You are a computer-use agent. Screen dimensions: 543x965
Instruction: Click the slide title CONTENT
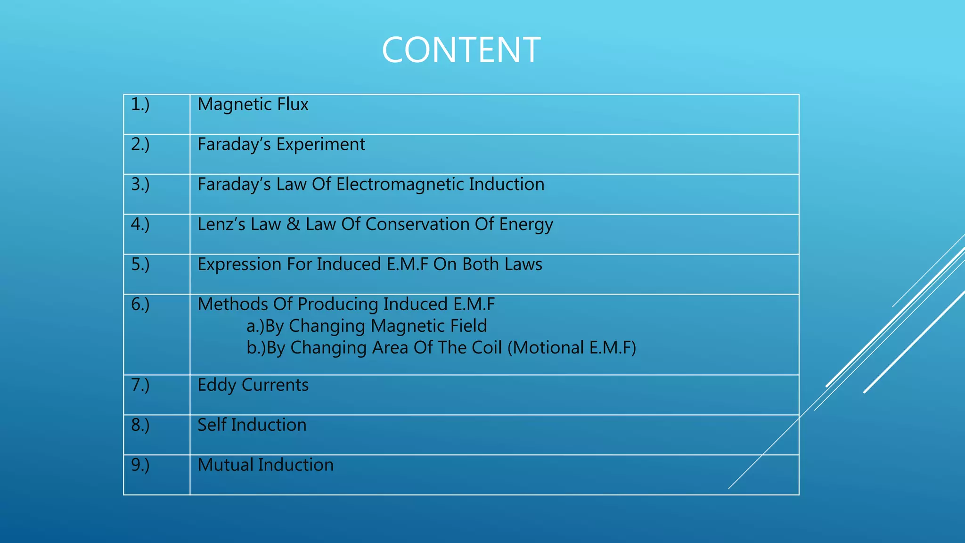coord(461,50)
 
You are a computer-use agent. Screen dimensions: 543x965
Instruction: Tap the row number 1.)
coord(140,104)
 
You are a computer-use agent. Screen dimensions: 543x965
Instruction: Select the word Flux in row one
coord(293,104)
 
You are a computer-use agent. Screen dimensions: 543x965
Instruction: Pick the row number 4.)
coord(140,224)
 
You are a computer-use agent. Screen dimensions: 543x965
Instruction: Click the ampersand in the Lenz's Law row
coord(293,224)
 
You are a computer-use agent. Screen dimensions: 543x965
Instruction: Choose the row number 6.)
coord(140,304)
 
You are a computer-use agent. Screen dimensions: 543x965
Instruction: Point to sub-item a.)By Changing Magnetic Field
coord(367,326)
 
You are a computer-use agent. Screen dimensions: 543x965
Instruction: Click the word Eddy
coord(217,385)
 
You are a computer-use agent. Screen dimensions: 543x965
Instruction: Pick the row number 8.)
coord(140,425)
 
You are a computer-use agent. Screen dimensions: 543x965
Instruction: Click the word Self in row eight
coord(212,425)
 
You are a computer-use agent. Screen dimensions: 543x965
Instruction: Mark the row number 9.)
coord(140,465)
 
